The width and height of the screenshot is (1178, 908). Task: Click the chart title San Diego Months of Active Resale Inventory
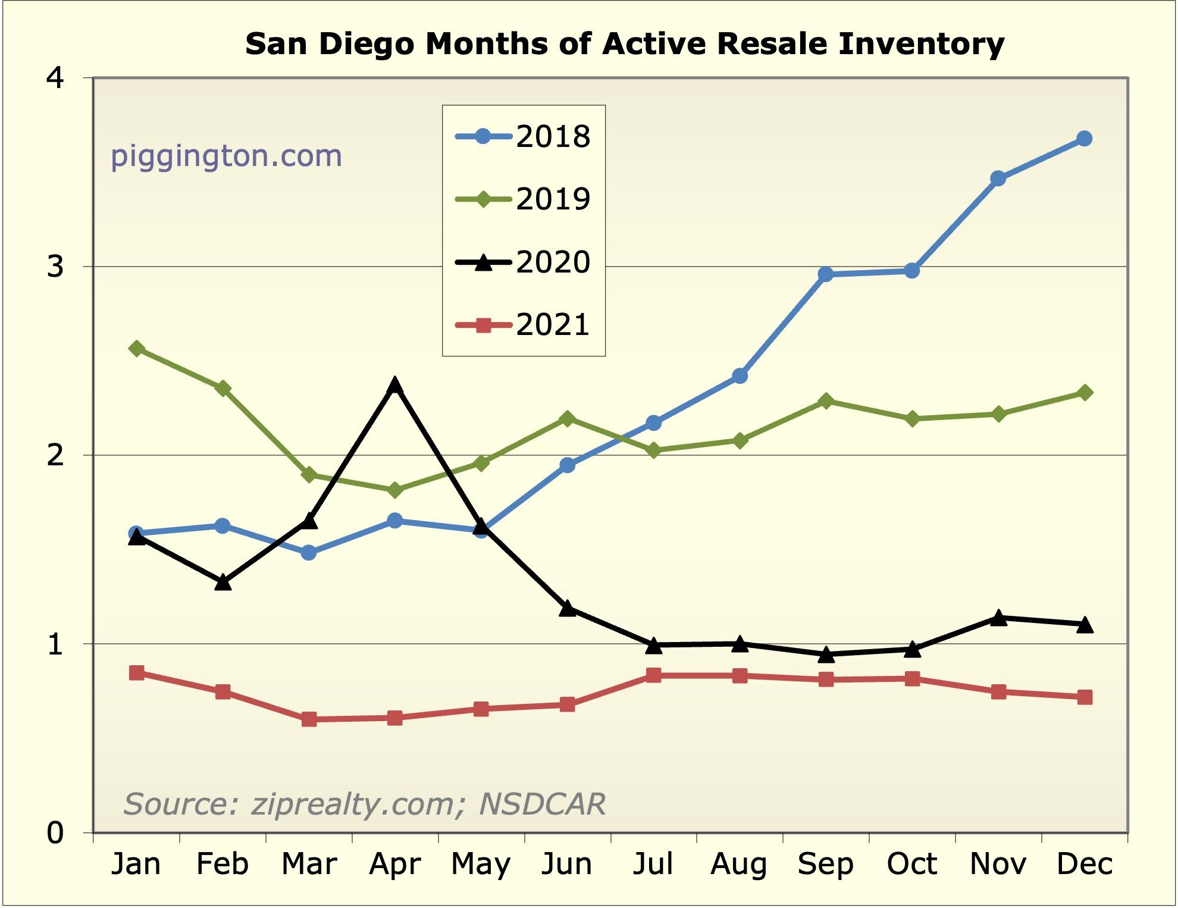(x=624, y=44)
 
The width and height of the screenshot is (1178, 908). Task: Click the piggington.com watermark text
(x=227, y=156)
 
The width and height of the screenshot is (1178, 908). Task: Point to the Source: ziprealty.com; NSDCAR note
(x=364, y=804)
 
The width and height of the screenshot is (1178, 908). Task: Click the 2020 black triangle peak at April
(x=394, y=386)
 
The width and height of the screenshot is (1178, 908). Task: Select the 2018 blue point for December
(x=1085, y=139)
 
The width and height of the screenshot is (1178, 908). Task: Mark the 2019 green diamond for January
(x=136, y=349)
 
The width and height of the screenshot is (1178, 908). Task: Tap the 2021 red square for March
(x=309, y=719)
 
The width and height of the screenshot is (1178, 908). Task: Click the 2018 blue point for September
(x=826, y=274)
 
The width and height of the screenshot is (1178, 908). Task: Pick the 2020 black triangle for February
(x=223, y=583)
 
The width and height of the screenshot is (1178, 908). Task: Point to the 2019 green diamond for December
(x=1085, y=393)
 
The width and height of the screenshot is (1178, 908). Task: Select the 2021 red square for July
(x=653, y=675)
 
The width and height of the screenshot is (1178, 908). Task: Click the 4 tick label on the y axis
(x=55, y=78)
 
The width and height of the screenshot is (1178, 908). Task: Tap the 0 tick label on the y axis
(x=55, y=833)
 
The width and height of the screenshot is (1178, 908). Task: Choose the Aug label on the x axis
(x=739, y=864)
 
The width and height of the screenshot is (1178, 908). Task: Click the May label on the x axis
(x=481, y=864)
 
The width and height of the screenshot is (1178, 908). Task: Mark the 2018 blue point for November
(x=998, y=179)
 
